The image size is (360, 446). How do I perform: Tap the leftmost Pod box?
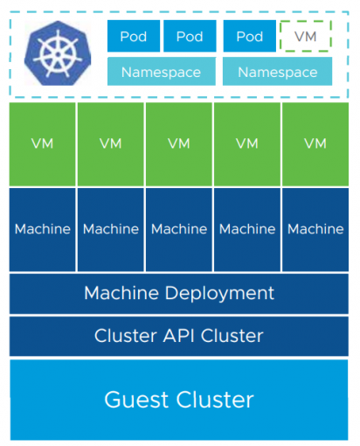(134, 37)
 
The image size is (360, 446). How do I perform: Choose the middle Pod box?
(190, 37)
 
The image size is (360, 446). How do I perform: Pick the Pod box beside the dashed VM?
(249, 37)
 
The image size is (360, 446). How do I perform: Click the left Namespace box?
(161, 72)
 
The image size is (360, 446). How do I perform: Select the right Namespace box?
(278, 72)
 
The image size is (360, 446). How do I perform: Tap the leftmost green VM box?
(42, 143)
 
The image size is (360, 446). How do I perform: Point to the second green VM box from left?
(110, 143)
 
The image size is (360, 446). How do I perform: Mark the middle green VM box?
(178, 143)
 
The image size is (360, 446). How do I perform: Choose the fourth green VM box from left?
(247, 143)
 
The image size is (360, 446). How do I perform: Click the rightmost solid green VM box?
(315, 143)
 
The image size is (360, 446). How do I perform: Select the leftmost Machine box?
(42, 229)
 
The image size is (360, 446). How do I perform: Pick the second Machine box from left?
(110, 229)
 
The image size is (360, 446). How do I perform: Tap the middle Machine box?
(178, 229)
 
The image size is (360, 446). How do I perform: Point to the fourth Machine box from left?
(247, 229)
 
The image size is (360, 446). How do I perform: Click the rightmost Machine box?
(315, 229)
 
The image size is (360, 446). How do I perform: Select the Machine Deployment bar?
(179, 293)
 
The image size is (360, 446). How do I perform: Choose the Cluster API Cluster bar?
(179, 336)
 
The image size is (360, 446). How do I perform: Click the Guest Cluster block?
(179, 400)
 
